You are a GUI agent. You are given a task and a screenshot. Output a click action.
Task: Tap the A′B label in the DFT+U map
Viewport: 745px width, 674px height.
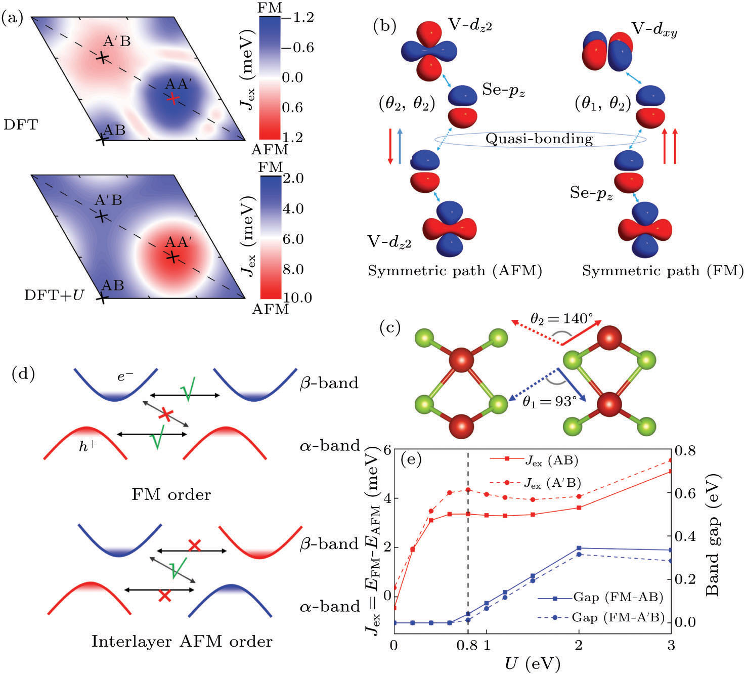[108, 200]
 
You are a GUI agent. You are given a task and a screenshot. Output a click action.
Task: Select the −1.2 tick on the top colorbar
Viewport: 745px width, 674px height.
[299, 18]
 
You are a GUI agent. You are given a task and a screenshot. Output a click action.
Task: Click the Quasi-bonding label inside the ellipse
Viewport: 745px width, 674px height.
[539, 138]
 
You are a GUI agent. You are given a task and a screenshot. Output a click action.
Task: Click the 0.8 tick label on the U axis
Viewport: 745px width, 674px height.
[462, 648]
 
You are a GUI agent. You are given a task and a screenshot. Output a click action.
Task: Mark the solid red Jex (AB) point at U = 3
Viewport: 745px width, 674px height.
[671, 471]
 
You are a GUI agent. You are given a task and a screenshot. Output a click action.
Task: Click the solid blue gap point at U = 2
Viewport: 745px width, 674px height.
[579, 548]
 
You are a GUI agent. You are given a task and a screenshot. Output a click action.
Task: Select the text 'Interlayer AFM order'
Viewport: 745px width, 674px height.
[182, 642]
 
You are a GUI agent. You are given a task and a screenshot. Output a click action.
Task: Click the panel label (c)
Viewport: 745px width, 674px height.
[389, 328]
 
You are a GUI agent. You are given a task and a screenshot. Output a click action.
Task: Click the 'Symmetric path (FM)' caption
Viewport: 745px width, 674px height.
[662, 271]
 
